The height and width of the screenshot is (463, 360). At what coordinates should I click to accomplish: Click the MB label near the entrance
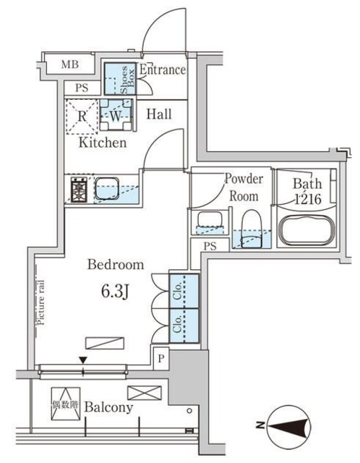[x=69, y=65]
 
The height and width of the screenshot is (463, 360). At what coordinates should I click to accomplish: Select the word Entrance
[x=162, y=70]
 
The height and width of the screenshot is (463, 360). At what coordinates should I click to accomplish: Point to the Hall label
[x=158, y=114]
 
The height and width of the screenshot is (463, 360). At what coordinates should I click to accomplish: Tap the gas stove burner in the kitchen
[x=78, y=190]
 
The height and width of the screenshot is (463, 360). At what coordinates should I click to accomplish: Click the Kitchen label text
[x=103, y=143]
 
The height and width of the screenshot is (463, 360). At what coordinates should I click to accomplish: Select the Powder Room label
[x=244, y=187]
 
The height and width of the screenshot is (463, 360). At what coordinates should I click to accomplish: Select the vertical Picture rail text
[x=42, y=304]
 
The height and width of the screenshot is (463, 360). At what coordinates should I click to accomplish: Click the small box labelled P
[x=160, y=357]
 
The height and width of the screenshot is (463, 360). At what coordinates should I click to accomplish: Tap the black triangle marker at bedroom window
[x=83, y=360]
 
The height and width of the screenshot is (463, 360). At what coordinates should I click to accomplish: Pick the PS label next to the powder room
[x=210, y=246]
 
